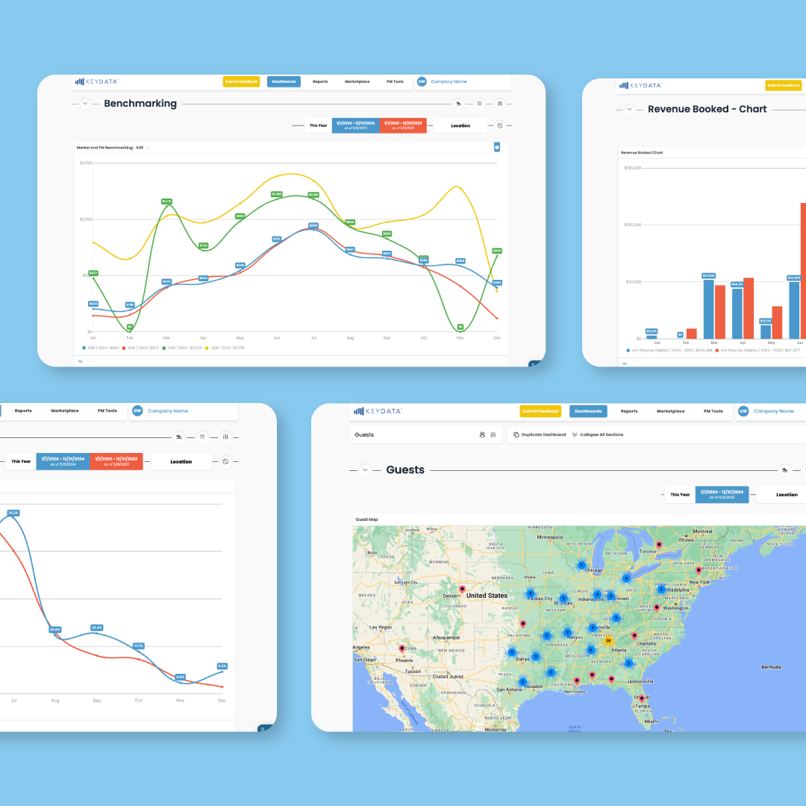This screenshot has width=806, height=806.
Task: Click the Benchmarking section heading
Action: (140, 104)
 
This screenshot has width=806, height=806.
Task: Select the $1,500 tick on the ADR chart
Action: (85, 163)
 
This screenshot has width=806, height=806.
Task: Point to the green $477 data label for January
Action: (93, 273)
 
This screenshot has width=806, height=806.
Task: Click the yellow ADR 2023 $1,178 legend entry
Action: (228, 348)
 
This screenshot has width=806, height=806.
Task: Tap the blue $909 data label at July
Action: (313, 225)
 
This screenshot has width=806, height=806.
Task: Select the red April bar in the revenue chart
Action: (749, 307)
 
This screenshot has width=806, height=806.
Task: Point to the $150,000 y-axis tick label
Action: (631, 168)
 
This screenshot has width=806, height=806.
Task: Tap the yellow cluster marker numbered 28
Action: (608, 640)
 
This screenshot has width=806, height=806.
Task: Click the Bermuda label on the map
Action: (771, 666)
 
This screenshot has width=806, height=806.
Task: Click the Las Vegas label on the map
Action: (381, 628)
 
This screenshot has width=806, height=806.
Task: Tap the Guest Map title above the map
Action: (366, 519)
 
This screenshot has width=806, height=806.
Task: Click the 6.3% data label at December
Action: (222, 666)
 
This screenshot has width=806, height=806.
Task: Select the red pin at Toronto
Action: (659, 545)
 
